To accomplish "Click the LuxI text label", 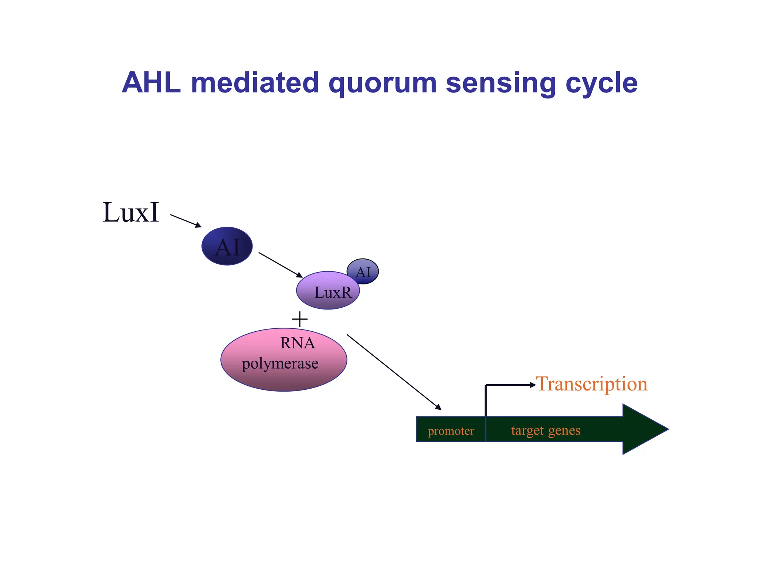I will [130, 213].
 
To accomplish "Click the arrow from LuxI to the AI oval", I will [186, 221].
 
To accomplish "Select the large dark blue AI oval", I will [227, 246].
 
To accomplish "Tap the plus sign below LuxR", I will [299, 319].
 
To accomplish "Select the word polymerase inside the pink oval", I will [280, 364].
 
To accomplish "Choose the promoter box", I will [451, 430].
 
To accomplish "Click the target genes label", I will [546, 430].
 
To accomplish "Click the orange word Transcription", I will [591, 384].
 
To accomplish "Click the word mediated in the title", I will [255, 83].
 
